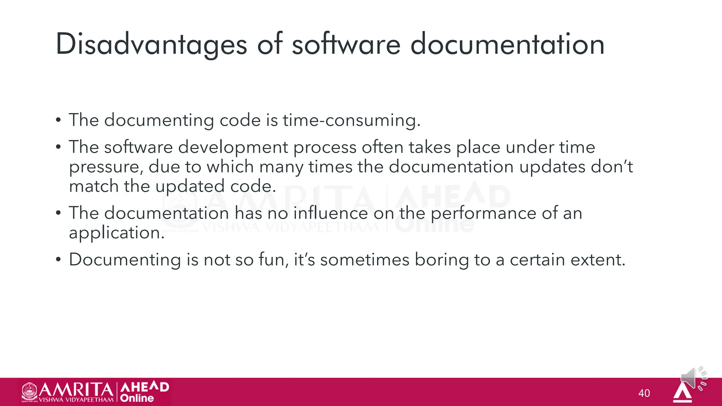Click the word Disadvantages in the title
tap(151, 44)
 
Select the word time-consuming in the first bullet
tap(351, 120)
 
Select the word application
tap(117, 233)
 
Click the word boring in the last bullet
tap(441, 260)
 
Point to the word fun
tap(276, 260)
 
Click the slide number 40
tap(644, 393)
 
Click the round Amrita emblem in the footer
tap(30, 391)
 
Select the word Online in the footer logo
tap(137, 398)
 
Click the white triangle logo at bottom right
tap(682, 393)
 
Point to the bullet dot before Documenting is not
tap(59, 260)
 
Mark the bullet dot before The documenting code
tap(59, 120)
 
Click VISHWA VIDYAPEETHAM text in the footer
tap(76, 400)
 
